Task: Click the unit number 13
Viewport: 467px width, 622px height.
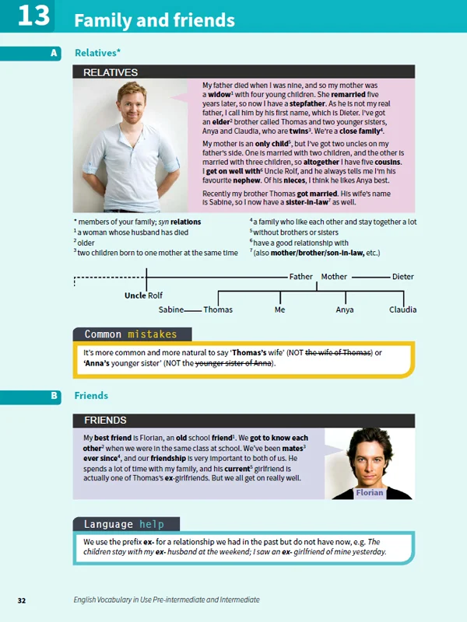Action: pyautogui.click(x=33, y=16)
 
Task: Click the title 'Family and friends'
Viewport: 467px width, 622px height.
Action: pyautogui.click(x=154, y=20)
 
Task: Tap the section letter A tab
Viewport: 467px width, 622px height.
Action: pyautogui.click(x=54, y=53)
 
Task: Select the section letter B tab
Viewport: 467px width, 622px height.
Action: pyautogui.click(x=54, y=396)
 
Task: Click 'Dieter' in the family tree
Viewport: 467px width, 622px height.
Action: pyautogui.click(x=403, y=276)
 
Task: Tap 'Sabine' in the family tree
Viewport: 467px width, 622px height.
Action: pyautogui.click(x=171, y=309)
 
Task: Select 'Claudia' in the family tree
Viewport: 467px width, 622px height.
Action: pyautogui.click(x=402, y=309)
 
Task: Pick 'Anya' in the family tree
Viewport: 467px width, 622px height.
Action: pyautogui.click(x=344, y=309)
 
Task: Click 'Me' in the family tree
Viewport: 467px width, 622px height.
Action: pyautogui.click(x=280, y=309)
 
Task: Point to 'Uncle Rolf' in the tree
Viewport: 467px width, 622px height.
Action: pyautogui.click(x=144, y=295)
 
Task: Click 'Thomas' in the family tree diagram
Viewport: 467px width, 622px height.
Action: pyautogui.click(x=218, y=309)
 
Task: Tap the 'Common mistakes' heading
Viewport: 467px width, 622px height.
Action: pyautogui.click(x=130, y=334)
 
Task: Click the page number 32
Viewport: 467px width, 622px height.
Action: pyautogui.click(x=21, y=600)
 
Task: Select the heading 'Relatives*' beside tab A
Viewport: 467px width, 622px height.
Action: pyautogui.click(x=97, y=53)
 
